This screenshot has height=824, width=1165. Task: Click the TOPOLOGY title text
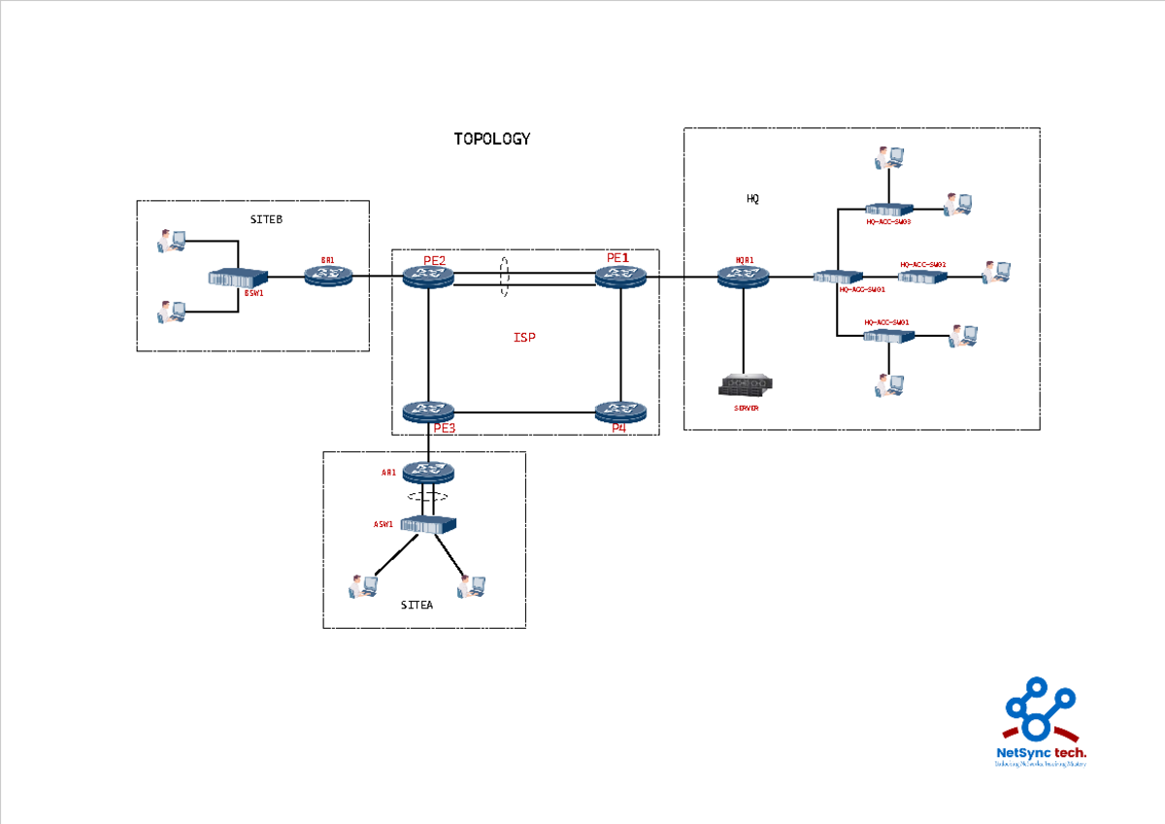[492, 139]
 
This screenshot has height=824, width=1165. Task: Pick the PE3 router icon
[428, 412]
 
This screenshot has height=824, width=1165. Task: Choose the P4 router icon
[620, 412]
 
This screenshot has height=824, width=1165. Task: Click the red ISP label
[524, 338]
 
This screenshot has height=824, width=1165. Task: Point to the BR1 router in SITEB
[329, 276]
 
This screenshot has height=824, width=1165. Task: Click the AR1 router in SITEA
[428, 472]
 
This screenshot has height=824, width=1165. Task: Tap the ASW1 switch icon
[428, 524]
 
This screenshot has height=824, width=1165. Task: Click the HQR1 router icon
[744, 277]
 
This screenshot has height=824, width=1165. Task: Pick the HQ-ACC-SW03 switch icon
[889, 209]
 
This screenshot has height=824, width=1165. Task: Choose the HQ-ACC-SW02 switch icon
[922, 278]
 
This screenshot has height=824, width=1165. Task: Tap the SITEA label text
[416, 605]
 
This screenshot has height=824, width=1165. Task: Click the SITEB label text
[266, 219]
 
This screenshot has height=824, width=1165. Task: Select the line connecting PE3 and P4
[524, 412]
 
